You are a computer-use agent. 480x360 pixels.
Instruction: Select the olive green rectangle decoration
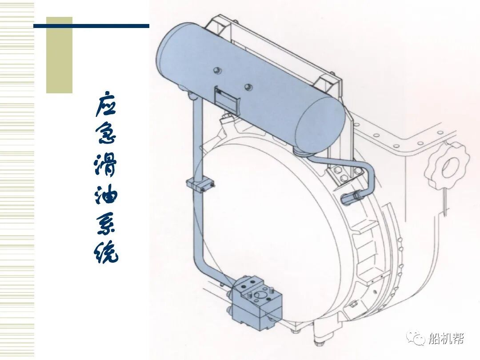[59, 55]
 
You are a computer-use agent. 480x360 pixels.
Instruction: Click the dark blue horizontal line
[91, 26]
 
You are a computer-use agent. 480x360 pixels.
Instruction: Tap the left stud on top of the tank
[216, 70]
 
